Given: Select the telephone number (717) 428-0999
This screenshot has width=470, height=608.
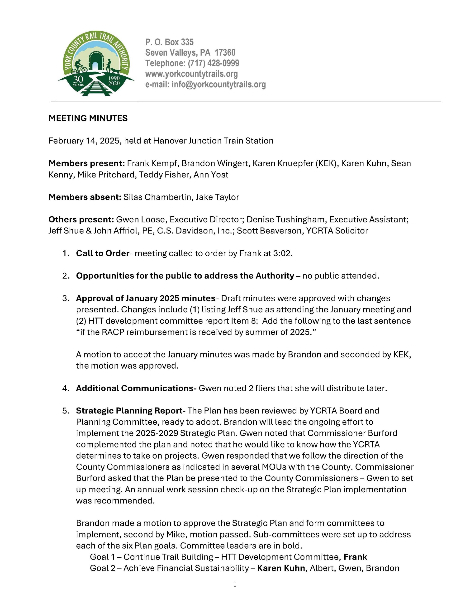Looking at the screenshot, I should (213, 63).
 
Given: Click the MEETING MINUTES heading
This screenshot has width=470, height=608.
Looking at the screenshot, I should (88, 118).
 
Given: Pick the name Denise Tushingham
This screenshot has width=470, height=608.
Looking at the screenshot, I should (286, 220).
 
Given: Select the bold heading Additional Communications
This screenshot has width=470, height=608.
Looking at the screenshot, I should (136, 388).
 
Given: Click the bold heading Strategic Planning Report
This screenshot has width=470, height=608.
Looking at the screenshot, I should (129, 411).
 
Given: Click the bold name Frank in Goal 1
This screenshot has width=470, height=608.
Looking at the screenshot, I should (355, 557).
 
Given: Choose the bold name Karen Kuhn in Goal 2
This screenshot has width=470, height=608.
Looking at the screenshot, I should (281, 568).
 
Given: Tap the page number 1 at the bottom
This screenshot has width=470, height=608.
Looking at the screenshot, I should (235, 584).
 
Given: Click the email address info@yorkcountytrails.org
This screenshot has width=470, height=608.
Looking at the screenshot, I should (218, 84).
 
